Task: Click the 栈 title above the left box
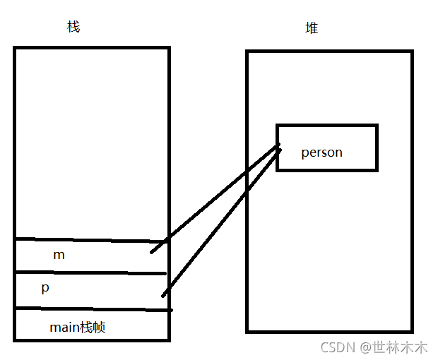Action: click(73, 27)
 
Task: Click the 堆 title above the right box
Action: click(312, 28)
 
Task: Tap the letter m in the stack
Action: click(59, 255)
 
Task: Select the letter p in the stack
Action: click(45, 289)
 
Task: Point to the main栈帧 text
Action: click(78, 327)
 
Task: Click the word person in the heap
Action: click(321, 152)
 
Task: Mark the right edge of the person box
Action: click(377, 148)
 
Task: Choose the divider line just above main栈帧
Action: click(92, 308)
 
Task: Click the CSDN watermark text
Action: click(337, 347)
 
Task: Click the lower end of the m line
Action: click(152, 251)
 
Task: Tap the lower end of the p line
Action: click(163, 295)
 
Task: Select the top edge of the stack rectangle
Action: click(92, 48)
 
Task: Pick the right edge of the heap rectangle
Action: click(411, 191)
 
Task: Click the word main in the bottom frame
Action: click(63, 327)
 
